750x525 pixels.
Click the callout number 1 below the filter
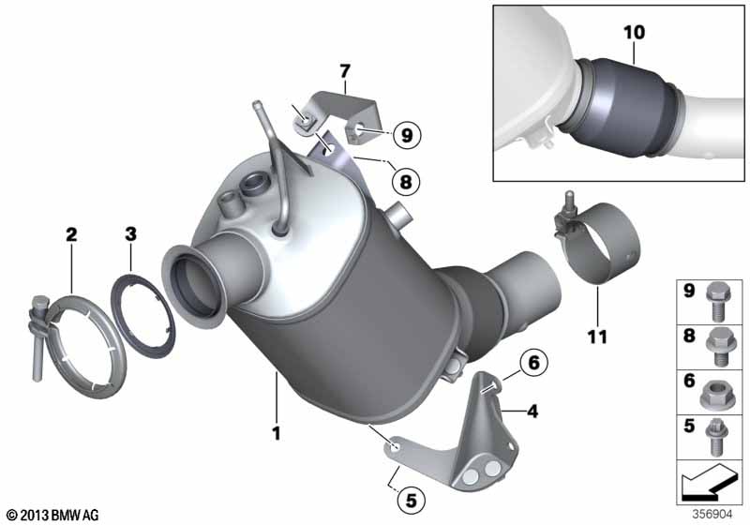coord(277,433)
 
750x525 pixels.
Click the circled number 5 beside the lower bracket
coord(409,501)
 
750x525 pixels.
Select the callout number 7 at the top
coord(344,70)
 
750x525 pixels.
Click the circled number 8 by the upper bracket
coord(406,177)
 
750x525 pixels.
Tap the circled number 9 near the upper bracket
coord(404,135)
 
